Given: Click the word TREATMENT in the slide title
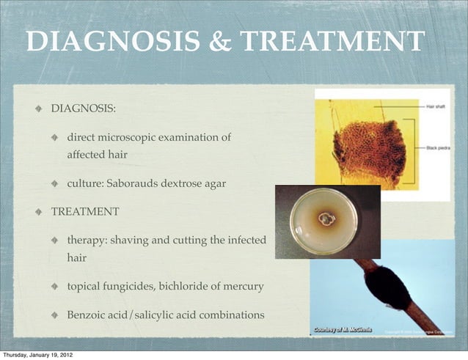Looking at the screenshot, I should pyautogui.click(x=332, y=42).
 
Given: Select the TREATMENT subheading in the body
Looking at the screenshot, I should pyautogui.click(x=85, y=212).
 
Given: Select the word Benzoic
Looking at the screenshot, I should pyautogui.click(x=87, y=315).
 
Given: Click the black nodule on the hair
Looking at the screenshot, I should pyautogui.click(x=387, y=288).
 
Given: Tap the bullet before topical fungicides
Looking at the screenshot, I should pyautogui.click(x=55, y=287).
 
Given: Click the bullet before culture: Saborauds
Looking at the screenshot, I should pyautogui.click(x=55, y=184).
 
